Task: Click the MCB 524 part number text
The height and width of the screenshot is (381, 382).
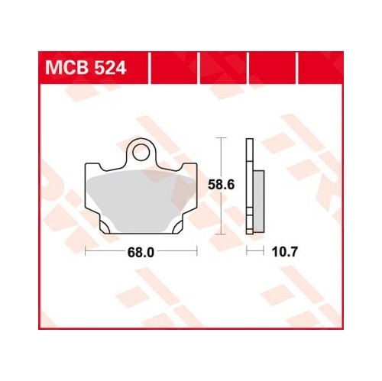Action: (86, 68)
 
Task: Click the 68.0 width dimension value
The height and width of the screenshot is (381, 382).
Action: (141, 253)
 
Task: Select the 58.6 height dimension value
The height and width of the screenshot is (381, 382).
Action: (221, 185)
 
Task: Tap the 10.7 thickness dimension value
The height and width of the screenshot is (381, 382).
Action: (284, 252)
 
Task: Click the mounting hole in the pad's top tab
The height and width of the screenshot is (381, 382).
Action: (140, 152)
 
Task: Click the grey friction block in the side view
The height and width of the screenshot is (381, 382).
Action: (259, 202)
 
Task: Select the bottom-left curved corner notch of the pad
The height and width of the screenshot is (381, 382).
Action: (105, 227)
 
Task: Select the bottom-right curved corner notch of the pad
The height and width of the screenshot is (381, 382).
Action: (177, 227)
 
